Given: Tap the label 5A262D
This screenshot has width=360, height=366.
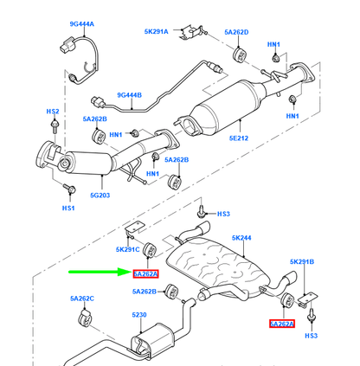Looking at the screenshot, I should (236, 33).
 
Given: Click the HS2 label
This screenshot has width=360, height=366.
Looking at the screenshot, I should (52, 112).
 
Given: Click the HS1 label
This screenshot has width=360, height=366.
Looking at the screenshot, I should (67, 209).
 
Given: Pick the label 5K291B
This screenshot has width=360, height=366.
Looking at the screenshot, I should (303, 261).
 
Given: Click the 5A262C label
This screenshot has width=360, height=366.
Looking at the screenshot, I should (83, 299).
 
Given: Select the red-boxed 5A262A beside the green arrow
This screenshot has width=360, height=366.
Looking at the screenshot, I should (146, 273).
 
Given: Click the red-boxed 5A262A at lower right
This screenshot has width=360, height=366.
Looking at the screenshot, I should (281, 324).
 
